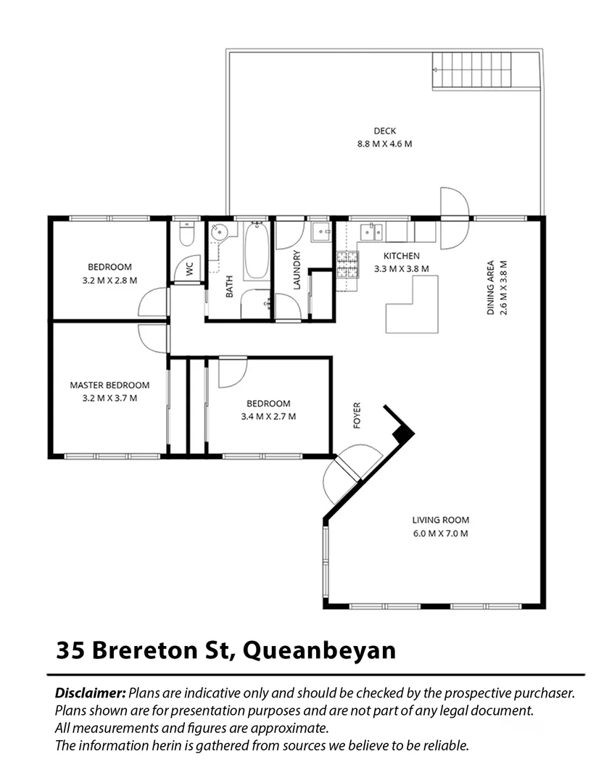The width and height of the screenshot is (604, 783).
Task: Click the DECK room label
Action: coord(385,130)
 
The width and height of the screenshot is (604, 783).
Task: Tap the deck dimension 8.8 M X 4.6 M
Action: coord(385,144)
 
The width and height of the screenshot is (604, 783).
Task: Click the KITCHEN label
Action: coord(401,256)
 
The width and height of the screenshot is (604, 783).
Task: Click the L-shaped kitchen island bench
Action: coord(412,304)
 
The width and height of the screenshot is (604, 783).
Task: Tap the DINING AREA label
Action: coord(490,288)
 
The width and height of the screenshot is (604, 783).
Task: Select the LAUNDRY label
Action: coord(297,270)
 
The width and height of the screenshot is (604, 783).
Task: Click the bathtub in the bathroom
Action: coord(257,251)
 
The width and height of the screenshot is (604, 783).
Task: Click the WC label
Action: coord(189,270)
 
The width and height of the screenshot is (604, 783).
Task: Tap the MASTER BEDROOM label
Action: coord(109,385)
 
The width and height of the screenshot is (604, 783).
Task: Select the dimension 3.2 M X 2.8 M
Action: coord(109,280)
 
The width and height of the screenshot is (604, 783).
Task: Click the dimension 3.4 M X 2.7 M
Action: coord(268,416)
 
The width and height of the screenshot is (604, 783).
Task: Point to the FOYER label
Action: coord(357,415)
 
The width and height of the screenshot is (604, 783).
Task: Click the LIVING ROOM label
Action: coord(440,520)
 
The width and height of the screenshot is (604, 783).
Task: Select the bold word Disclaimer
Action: coord(90,693)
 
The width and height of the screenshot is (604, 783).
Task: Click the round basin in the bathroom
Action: coord(218,232)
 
